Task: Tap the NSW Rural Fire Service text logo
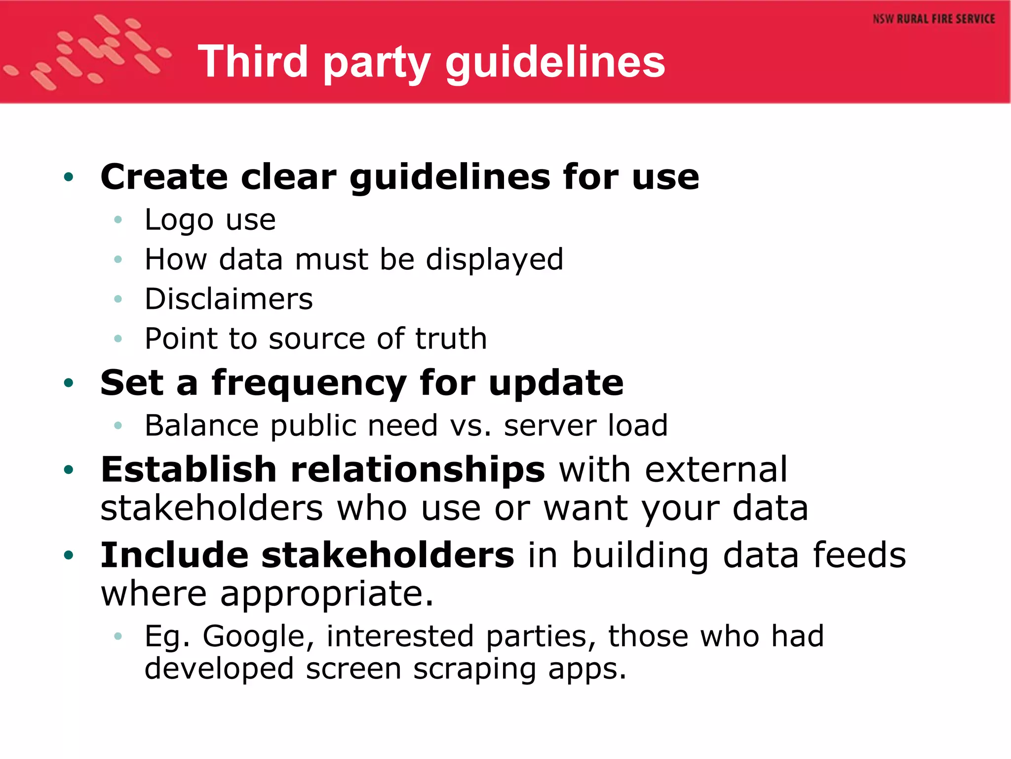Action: [933, 19]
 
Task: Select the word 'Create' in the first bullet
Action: [164, 177]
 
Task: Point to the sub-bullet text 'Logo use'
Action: [210, 220]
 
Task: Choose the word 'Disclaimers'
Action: [229, 299]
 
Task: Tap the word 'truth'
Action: [451, 338]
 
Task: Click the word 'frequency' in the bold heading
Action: [309, 383]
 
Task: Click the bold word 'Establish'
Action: [188, 469]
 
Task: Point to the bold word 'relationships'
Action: [418, 469]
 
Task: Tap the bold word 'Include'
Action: [174, 555]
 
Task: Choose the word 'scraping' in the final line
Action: [474, 669]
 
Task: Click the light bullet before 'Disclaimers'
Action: [117, 299]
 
